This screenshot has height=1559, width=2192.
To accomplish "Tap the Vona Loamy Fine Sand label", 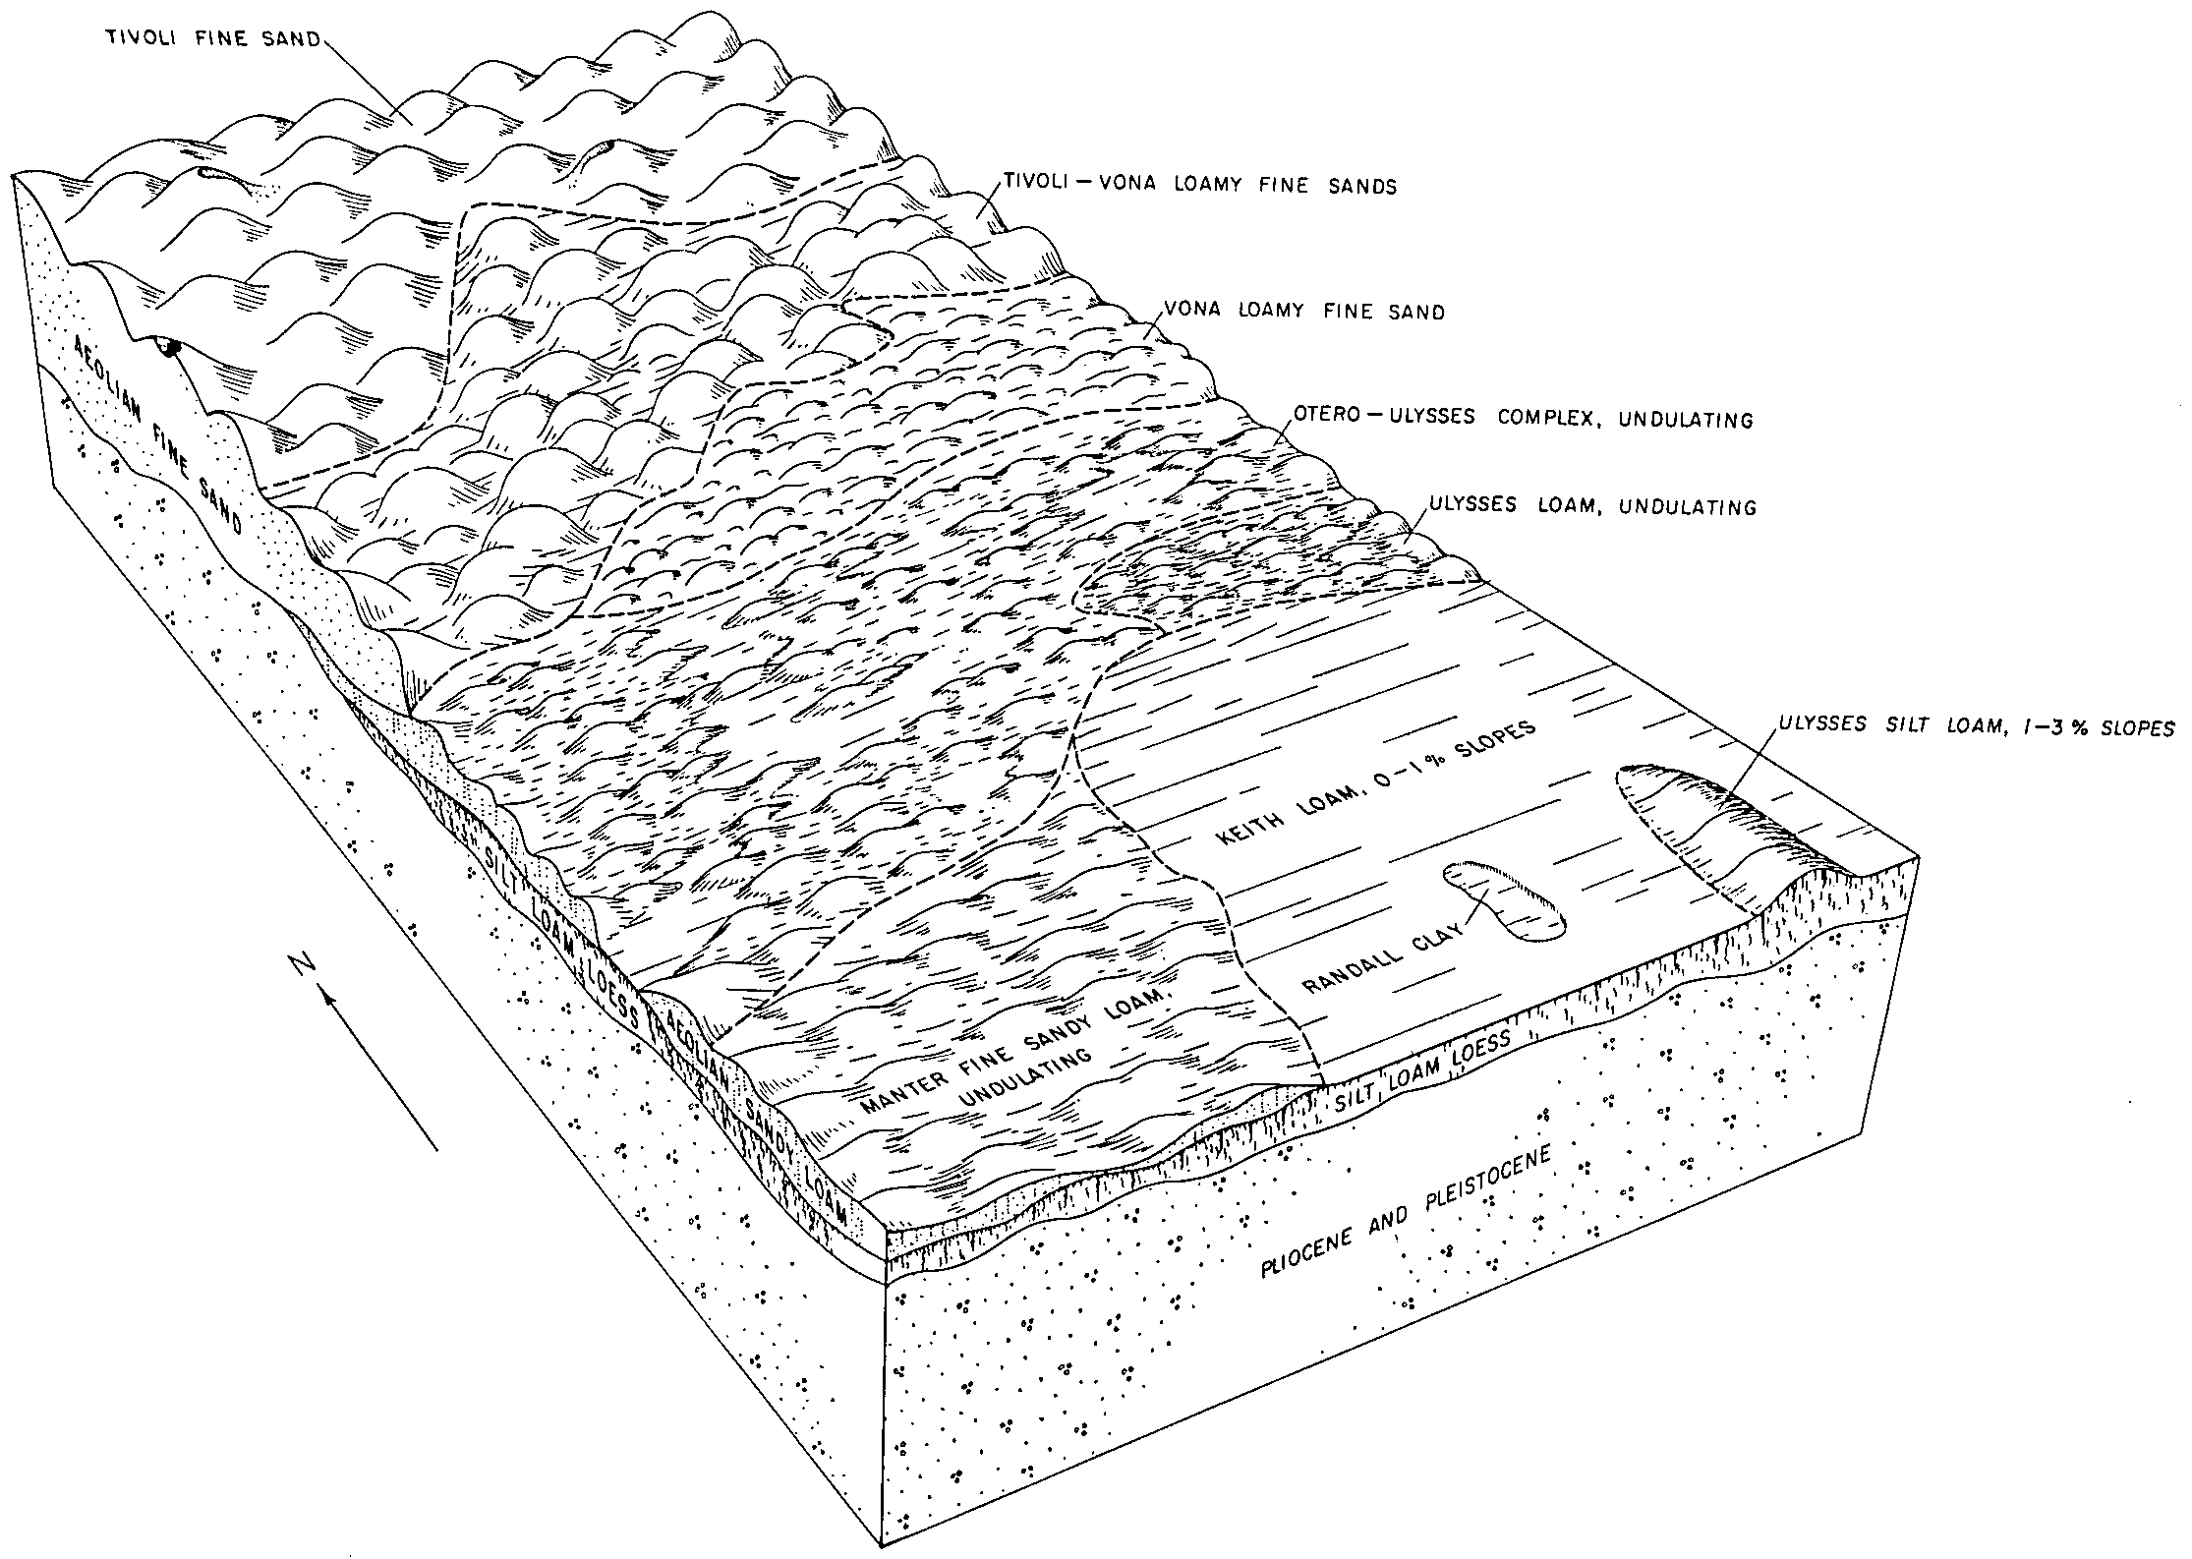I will point(1304,313).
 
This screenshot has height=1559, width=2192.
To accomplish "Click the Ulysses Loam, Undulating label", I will point(1592,507).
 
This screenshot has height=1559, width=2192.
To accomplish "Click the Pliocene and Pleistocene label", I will point(1406,1212).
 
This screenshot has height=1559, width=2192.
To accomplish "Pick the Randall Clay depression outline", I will point(1504,900).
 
